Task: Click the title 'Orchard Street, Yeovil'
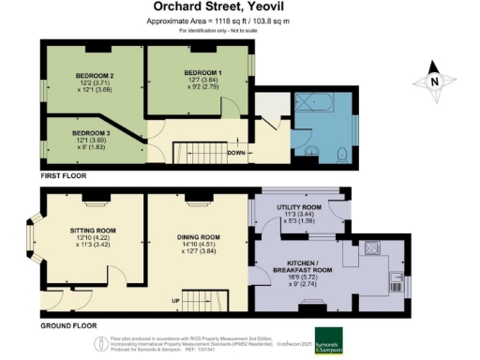[x=239, y=8]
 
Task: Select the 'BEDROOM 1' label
[x=202, y=72]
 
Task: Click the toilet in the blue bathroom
[x=341, y=153]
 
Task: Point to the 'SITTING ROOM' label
[x=93, y=231]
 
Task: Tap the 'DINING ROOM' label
[x=198, y=237]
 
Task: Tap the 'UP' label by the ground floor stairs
[x=173, y=300]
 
